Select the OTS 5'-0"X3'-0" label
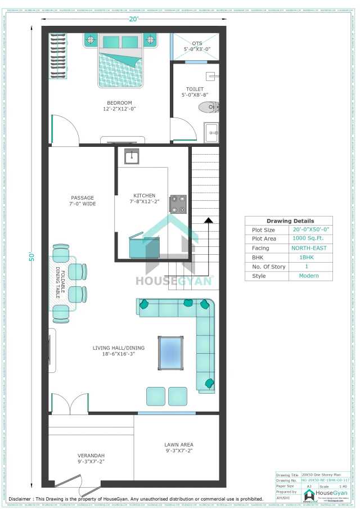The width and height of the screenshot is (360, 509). [x=196, y=46]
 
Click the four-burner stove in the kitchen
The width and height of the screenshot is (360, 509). [x=178, y=204]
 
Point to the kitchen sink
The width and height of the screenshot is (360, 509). [x=132, y=156]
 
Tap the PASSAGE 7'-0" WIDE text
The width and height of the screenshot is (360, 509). [x=83, y=201]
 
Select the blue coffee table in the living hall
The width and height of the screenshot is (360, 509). [x=170, y=352]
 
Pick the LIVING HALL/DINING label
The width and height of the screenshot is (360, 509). [x=114, y=351]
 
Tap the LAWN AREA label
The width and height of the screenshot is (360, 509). [x=178, y=448]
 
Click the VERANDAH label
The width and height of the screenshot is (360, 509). [x=91, y=458]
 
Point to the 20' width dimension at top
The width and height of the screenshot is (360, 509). [x=133, y=19]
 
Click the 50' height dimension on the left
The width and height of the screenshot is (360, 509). [x=32, y=256]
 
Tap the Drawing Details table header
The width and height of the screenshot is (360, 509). [x=290, y=221]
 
